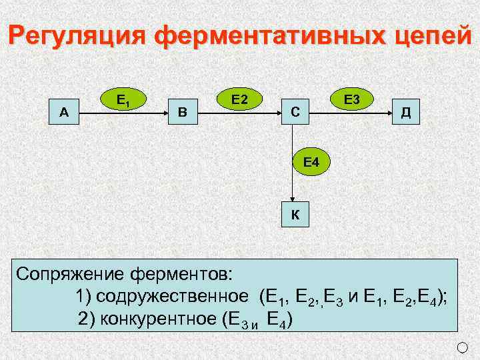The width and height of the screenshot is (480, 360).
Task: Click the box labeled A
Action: (x=64, y=112)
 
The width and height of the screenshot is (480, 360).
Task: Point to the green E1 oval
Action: (x=123, y=101)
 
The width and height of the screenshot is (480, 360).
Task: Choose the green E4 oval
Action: (x=311, y=162)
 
